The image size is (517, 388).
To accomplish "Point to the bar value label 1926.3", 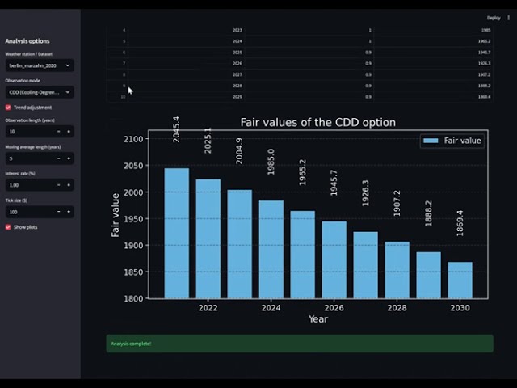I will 366,193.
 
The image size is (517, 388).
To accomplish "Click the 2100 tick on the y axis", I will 134,139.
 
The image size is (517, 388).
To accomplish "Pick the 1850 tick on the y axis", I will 134,272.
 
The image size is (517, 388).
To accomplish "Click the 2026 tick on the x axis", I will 334,308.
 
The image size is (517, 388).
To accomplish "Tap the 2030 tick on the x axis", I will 460,308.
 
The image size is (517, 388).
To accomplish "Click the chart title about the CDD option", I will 318,123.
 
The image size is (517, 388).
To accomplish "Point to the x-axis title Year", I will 317,319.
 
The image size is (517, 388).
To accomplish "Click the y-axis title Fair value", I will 116,214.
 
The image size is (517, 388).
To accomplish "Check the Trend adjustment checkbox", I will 8,107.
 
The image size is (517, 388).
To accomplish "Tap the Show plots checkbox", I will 8,227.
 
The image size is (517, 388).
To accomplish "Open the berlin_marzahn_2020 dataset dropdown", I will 40,65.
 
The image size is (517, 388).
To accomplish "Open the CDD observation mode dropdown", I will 40,92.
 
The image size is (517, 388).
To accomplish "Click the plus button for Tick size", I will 68,212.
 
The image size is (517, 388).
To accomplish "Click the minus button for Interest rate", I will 58,184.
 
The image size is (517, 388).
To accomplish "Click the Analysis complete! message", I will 299,344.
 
